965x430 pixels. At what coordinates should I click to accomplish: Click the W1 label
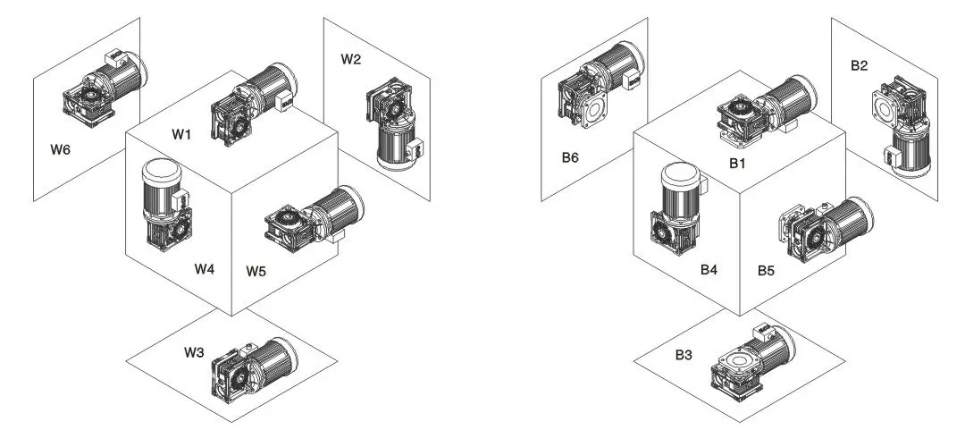[182, 134]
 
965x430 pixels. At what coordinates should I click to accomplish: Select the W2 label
[351, 60]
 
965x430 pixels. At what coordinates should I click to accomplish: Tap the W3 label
[195, 352]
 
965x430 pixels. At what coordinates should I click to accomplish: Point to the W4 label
[206, 268]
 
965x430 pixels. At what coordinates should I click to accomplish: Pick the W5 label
[257, 269]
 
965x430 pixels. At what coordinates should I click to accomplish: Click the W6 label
[60, 149]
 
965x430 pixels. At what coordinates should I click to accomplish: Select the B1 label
[737, 164]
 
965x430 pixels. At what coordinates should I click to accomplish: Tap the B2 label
[860, 65]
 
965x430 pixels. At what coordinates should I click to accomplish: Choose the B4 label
[709, 268]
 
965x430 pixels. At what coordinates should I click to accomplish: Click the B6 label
[571, 157]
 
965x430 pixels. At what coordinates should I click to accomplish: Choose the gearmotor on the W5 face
[313, 218]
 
